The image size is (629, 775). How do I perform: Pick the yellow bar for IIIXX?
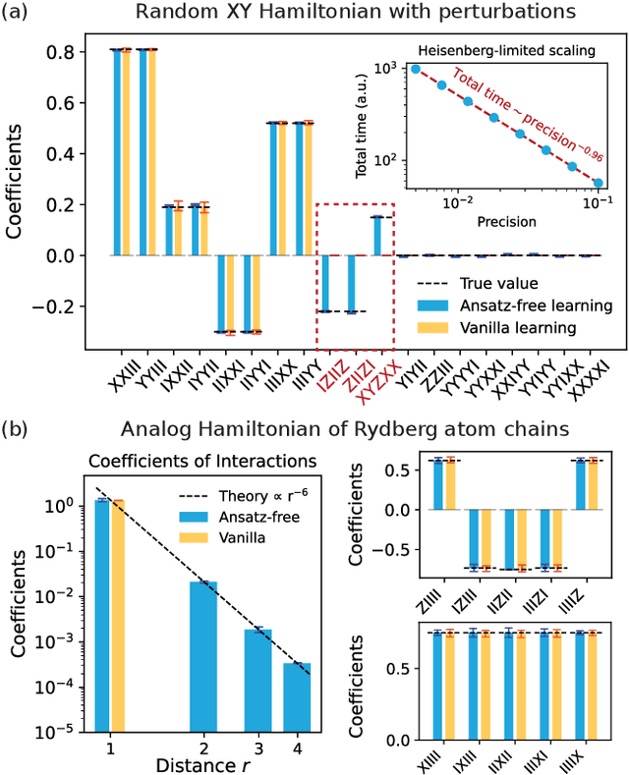tap(283, 189)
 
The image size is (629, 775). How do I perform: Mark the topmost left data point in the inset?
tap(417, 69)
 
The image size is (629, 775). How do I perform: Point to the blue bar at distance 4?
tap(303, 701)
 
